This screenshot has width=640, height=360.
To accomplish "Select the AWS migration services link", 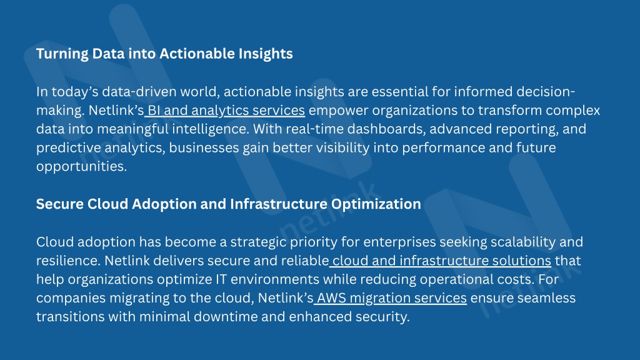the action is (x=392, y=298).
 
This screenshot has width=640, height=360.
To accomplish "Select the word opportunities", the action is (x=82, y=166).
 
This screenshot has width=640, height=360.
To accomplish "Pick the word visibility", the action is (x=343, y=147).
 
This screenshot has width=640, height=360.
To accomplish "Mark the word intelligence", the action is (x=210, y=129).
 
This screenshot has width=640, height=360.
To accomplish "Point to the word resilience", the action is (x=69, y=261).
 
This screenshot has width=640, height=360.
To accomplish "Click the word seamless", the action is (x=546, y=298).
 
